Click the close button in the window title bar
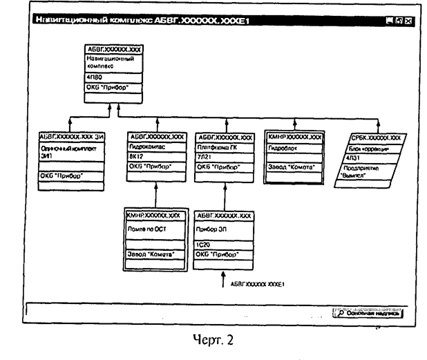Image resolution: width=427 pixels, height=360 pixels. [x=408, y=21]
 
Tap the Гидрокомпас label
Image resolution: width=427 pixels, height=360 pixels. [x=146, y=147]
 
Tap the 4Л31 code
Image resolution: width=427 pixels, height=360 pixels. [x=358, y=157]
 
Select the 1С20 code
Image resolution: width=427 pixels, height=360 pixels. [x=205, y=245]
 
